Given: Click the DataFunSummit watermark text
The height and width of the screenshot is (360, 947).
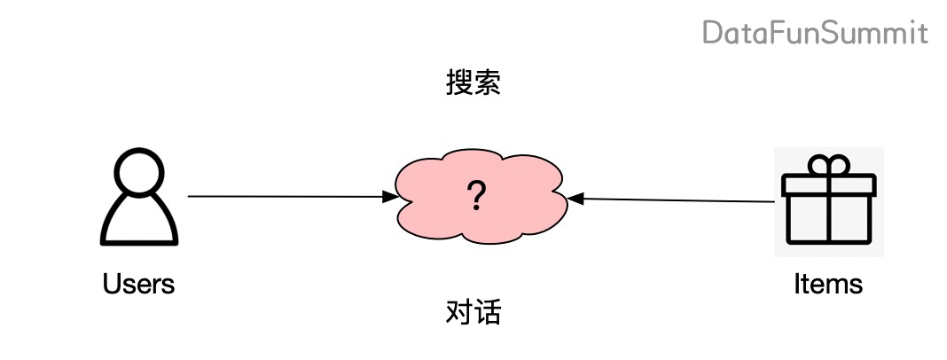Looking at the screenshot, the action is [815, 34].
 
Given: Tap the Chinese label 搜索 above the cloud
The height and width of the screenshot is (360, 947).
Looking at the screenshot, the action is [473, 83].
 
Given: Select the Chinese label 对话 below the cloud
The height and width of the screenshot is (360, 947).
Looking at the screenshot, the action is [473, 312].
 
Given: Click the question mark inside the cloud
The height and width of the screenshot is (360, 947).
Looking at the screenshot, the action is [478, 196].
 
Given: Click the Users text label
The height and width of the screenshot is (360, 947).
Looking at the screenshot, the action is [138, 284].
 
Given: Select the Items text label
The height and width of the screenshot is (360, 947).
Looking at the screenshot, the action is [827, 284].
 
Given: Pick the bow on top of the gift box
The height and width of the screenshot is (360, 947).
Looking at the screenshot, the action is [828, 164].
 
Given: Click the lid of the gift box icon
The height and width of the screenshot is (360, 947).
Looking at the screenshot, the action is [828, 184].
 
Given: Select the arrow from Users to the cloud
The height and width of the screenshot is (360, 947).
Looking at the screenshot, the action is [284, 196].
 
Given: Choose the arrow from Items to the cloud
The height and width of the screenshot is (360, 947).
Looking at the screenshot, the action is [674, 200].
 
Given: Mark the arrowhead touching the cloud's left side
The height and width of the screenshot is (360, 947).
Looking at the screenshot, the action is [390, 197].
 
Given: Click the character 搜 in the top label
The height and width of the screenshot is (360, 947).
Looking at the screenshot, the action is [458, 83].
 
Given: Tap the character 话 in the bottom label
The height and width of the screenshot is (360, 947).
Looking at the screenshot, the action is [487, 312].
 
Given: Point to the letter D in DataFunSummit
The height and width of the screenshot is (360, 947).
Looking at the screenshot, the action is [712, 34].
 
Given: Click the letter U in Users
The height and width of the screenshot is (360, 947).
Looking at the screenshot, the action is [111, 284].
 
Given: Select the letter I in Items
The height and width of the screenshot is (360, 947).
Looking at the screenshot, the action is [796, 284].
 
